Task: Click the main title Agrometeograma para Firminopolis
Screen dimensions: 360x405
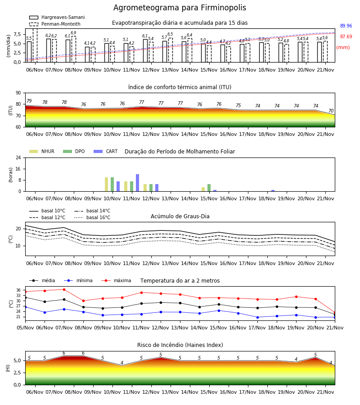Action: (180, 8)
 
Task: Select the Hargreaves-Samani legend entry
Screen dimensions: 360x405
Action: (57, 17)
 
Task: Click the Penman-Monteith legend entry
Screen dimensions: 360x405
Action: (55, 24)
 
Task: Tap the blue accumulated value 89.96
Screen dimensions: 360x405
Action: (346, 26)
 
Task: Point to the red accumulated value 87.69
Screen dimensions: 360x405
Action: (346, 37)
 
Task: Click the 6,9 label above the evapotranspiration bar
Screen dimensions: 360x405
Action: (73, 33)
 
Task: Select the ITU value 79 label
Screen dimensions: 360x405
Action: (29, 101)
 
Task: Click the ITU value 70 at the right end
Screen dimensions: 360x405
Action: (331, 111)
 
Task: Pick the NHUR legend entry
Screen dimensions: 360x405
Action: (42, 151)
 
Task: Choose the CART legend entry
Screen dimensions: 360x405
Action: (106, 151)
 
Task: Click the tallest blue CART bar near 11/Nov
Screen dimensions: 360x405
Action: (137, 183)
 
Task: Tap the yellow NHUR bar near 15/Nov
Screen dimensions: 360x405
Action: (203, 189)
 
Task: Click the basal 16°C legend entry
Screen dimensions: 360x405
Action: (92, 217)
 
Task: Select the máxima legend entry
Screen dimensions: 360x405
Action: (117, 280)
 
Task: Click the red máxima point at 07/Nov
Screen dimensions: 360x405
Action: (64, 289)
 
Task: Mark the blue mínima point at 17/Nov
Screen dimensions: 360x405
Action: (257, 317)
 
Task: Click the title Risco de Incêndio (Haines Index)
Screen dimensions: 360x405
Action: (180, 345)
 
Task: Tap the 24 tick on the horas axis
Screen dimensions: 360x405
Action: (18, 158)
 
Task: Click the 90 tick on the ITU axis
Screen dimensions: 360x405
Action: (18, 93)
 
